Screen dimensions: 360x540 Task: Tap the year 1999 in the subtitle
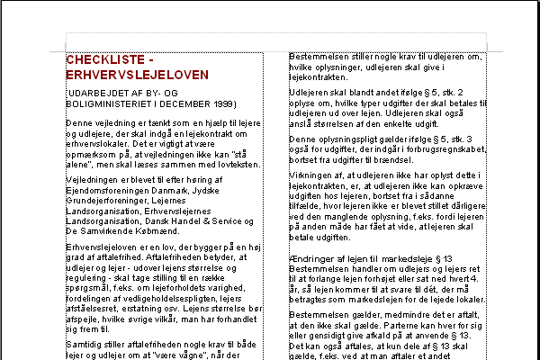click(x=222, y=103)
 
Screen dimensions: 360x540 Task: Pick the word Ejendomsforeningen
click(x=105, y=190)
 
